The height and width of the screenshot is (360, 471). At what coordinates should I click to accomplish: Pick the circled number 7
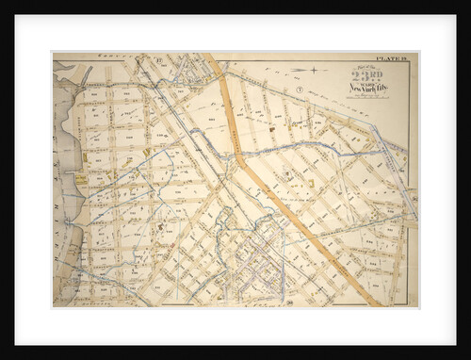(299, 90)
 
